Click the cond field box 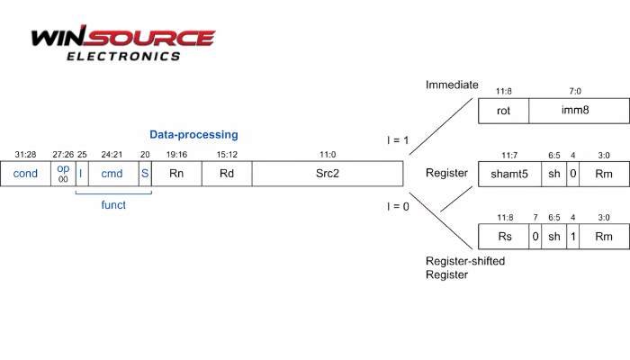tap(25, 173)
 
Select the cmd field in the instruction tap(112, 173)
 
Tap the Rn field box tap(177, 173)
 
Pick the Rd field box tap(227, 173)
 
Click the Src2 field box tap(327, 173)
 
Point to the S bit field tap(145, 173)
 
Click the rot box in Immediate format tap(504, 112)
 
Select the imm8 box tap(577, 112)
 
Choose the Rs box tap(504, 237)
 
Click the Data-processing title tap(193, 135)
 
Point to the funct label tap(112, 204)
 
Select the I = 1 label tap(397, 140)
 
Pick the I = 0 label tap(397, 207)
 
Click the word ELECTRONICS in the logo tap(123, 56)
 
